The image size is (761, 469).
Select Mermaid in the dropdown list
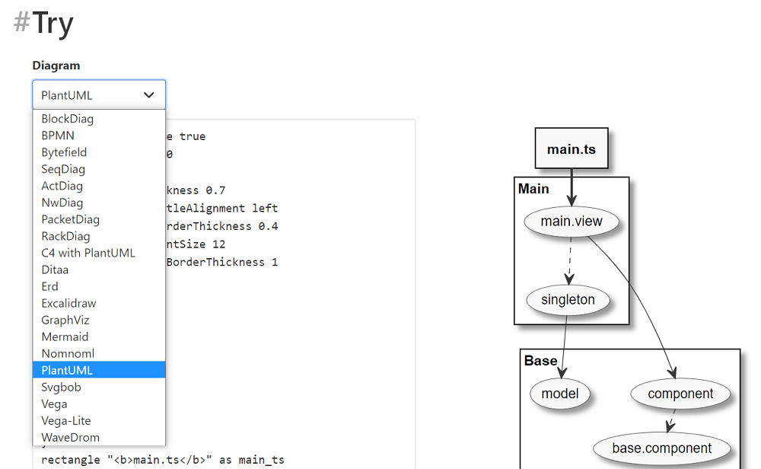(x=65, y=337)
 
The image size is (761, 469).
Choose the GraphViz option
(x=65, y=320)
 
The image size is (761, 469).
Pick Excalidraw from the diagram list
(x=68, y=303)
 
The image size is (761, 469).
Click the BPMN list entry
(x=58, y=136)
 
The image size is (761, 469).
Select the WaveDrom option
(x=70, y=437)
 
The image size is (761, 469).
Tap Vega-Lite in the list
(x=66, y=420)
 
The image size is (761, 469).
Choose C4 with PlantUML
(x=88, y=253)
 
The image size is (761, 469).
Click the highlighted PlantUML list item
(x=67, y=370)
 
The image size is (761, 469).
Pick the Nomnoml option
(x=68, y=353)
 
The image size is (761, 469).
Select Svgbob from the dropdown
(x=61, y=387)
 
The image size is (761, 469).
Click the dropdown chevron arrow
(x=149, y=95)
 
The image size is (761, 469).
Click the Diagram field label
(x=56, y=65)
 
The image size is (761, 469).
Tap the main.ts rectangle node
(x=572, y=148)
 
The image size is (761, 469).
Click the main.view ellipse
(x=572, y=222)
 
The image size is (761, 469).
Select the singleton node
(x=568, y=299)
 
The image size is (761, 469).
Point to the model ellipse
(x=560, y=394)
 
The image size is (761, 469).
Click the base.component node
(x=662, y=448)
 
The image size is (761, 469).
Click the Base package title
(x=540, y=361)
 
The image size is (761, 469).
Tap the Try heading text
(x=53, y=23)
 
